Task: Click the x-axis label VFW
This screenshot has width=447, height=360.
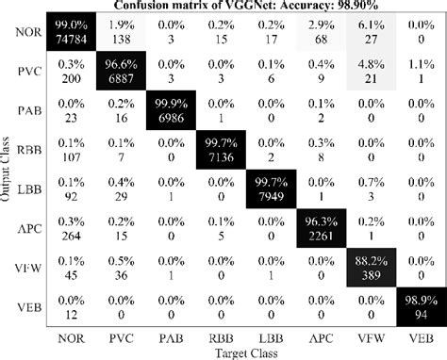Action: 370,336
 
